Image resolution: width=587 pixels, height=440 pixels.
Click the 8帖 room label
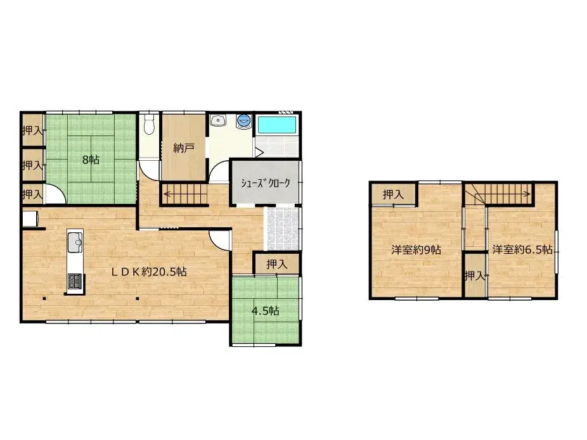click(x=90, y=160)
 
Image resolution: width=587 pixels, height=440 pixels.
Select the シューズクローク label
click(x=265, y=184)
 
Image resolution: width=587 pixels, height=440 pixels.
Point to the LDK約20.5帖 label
click(x=149, y=272)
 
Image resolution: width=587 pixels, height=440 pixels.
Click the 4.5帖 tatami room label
click(x=266, y=311)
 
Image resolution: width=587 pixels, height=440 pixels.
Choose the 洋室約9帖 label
click(x=416, y=249)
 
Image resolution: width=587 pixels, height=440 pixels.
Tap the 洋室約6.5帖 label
click(x=522, y=249)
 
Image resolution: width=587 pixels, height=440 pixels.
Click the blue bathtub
click(x=276, y=124)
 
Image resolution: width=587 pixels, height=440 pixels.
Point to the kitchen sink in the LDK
click(x=74, y=241)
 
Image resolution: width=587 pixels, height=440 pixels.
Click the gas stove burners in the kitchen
click(x=74, y=281)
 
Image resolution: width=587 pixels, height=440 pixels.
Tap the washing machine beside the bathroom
click(x=244, y=120)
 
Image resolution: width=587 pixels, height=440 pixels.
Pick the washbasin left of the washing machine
click(x=219, y=120)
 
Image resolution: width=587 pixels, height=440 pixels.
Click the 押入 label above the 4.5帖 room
click(x=276, y=264)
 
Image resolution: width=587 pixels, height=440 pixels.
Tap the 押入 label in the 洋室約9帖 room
click(x=393, y=195)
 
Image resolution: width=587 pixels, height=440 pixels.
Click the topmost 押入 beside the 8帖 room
click(x=32, y=130)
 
